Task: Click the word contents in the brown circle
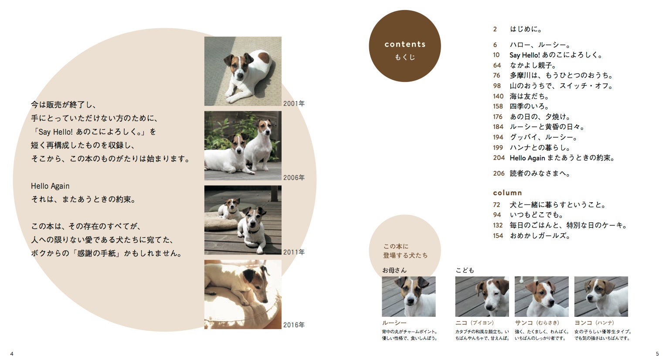405,44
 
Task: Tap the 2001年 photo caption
294,103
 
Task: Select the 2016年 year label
294,325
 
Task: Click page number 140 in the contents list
498,96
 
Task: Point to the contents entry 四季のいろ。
529,106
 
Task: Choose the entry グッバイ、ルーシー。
543,137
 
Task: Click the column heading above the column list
507,193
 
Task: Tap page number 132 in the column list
498,225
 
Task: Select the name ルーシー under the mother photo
394,323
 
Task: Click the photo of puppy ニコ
482,296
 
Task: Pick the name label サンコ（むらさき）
537,323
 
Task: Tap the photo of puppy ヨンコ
601,296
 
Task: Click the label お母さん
394,270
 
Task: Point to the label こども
465,270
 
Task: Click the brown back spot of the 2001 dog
263,58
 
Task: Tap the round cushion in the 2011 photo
221,221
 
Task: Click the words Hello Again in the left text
50,186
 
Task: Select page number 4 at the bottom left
12,354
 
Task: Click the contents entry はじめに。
526,29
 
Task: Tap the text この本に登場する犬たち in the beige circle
405,251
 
